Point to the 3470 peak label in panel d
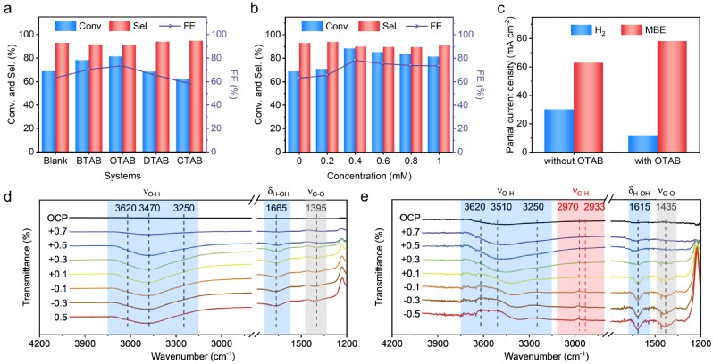149,208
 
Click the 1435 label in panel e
667,208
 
